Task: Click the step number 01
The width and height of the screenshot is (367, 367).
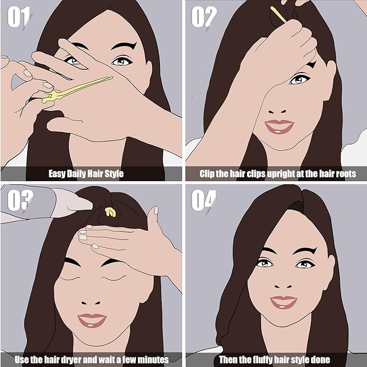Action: click(18, 18)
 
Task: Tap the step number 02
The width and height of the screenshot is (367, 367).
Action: click(203, 18)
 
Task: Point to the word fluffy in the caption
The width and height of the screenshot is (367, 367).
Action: click(264, 359)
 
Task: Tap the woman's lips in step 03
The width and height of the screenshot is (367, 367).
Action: click(92, 320)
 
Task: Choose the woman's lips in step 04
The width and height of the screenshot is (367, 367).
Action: click(283, 302)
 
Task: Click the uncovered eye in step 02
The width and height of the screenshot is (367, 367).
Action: click(298, 79)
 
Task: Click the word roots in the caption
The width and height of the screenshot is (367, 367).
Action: click(345, 174)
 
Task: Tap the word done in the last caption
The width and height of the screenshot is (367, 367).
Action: click(319, 359)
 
